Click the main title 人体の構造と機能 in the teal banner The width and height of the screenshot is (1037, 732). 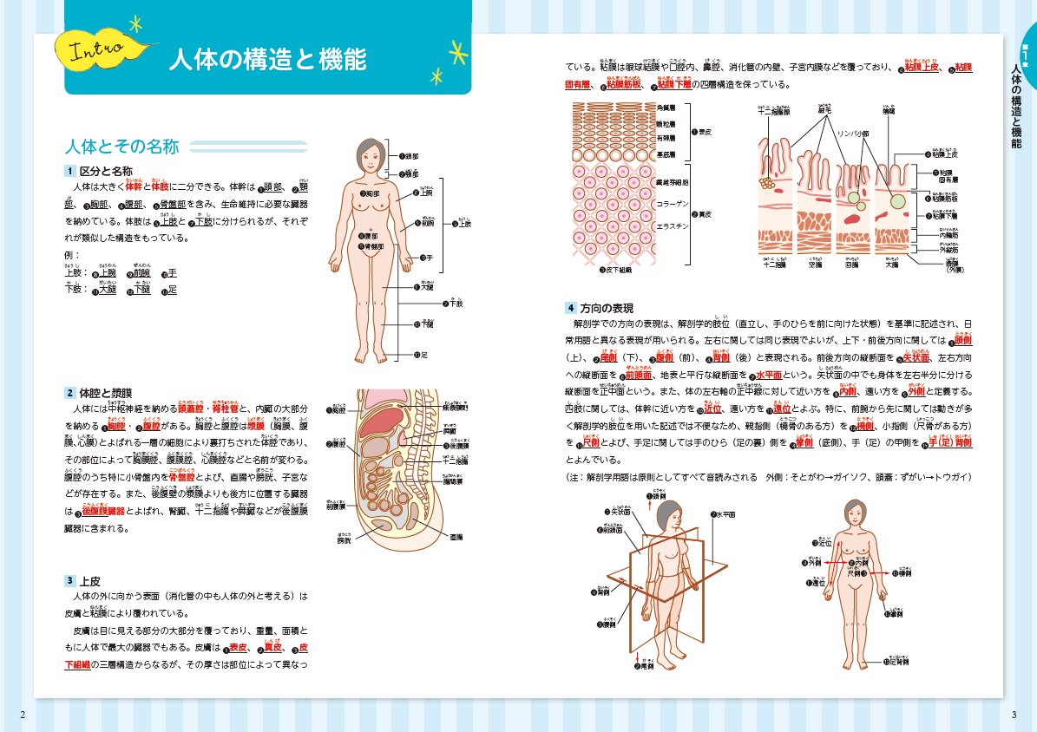click(267, 60)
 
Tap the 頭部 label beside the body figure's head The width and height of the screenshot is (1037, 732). click(410, 156)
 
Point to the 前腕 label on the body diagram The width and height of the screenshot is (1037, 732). click(427, 223)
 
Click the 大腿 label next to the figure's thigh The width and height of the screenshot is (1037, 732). click(426, 287)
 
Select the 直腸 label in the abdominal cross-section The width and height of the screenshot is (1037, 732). click(455, 538)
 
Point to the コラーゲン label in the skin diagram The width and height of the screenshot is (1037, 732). click(673, 202)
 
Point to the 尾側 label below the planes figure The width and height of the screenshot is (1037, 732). click(644, 666)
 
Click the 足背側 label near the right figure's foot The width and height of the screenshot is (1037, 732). click(901, 662)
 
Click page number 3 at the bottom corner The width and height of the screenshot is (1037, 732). click(1013, 715)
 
